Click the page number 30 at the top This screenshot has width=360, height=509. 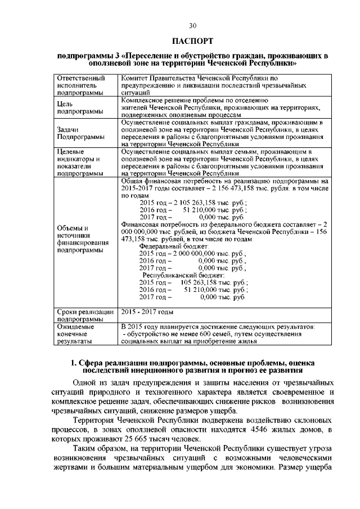193,26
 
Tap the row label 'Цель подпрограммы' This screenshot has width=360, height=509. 76,107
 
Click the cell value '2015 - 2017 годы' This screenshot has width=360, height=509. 147,312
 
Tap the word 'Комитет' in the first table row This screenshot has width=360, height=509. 135,78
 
